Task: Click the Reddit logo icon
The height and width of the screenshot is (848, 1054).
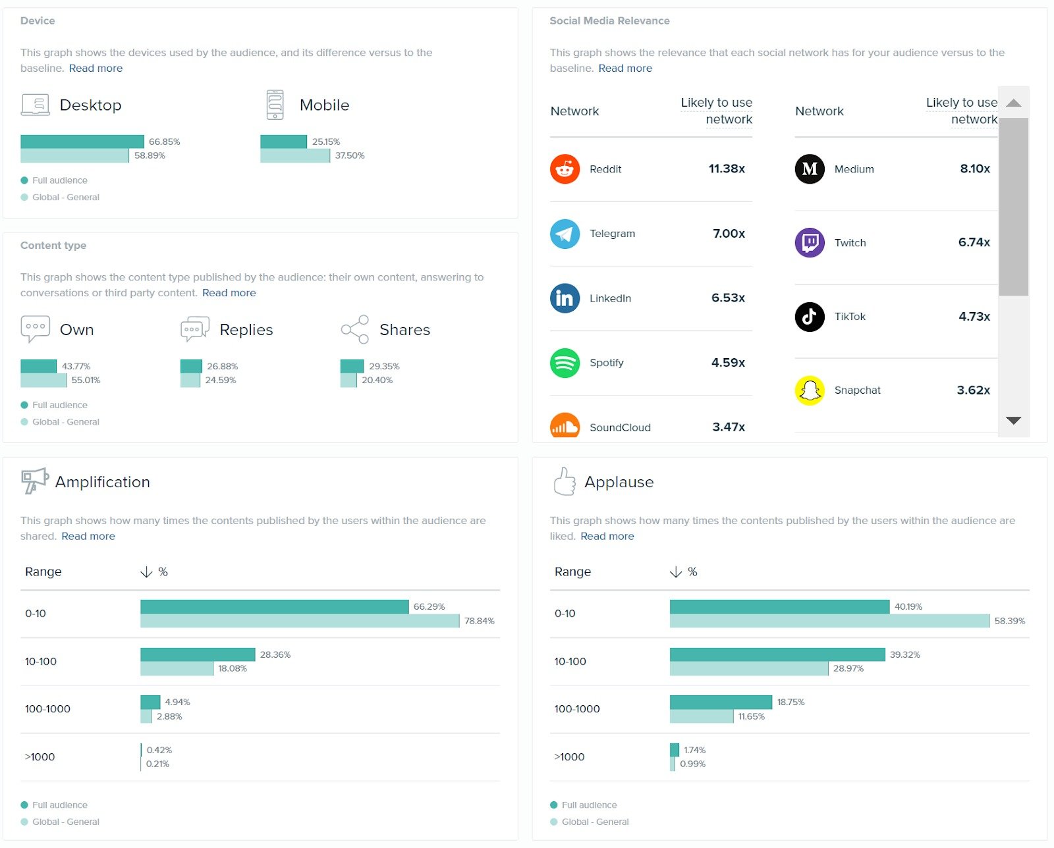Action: click(x=565, y=169)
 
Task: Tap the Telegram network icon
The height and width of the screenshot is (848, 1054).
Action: click(x=565, y=234)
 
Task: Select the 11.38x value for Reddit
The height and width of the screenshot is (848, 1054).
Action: click(x=727, y=169)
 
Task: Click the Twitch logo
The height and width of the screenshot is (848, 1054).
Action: click(x=810, y=243)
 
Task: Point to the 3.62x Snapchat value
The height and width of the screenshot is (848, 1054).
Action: click(x=973, y=390)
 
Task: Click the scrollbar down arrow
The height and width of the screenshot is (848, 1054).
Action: click(x=1013, y=420)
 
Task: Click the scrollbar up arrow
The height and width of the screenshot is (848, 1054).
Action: click(x=1013, y=103)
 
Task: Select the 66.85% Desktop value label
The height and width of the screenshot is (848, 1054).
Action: click(x=164, y=142)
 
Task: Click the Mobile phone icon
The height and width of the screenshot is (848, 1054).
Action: click(x=275, y=105)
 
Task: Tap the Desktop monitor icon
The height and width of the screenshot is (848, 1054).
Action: click(x=35, y=105)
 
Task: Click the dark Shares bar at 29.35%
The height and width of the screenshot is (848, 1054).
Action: click(x=352, y=366)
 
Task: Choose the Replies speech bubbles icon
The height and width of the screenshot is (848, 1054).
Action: click(x=194, y=329)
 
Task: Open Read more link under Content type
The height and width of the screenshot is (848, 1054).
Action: click(x=229, y=293)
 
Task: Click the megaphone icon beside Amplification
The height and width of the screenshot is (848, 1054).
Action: click(x=34, y=481)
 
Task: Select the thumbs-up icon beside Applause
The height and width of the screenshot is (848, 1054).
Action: click(x=564, y=481)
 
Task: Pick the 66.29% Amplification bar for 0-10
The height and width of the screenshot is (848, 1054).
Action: click(x=274, y=606)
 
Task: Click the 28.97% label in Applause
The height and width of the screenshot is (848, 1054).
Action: click(x=848, y=668)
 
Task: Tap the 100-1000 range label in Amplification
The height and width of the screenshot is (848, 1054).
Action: click(x=47, y=709)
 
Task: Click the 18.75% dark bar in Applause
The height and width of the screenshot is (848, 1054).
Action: click(x=721, y=702)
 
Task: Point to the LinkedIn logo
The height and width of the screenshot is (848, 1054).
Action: click(x=565, y=298)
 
